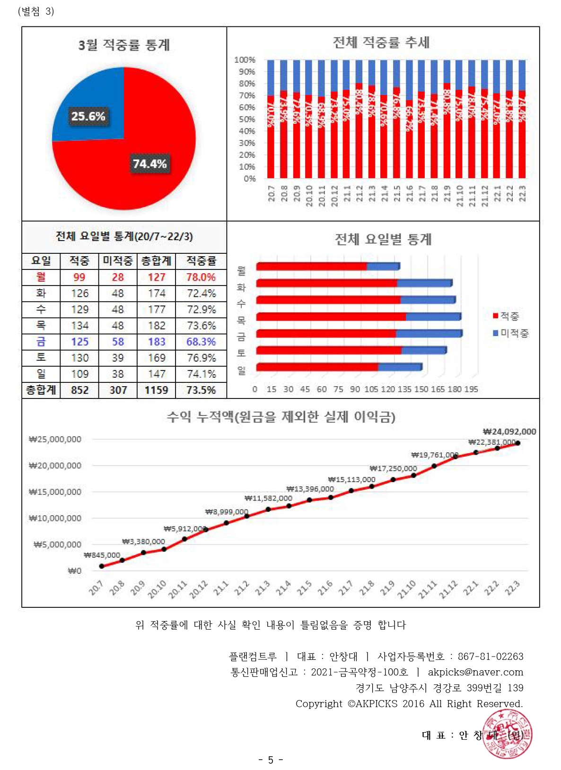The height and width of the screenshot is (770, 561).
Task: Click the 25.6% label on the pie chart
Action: click(x=88, y=116)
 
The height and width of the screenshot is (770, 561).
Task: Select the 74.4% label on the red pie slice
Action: click(x=149, y=164)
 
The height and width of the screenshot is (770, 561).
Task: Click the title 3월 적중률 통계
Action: click(x=124, y=45)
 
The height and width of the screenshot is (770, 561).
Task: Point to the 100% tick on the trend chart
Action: click(x=245, y=60)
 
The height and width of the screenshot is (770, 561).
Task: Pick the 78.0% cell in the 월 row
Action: click(x=201, y=277)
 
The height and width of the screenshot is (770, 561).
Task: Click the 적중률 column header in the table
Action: click(x=201, y=260)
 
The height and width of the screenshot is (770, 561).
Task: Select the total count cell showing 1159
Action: click(x=156, y=390)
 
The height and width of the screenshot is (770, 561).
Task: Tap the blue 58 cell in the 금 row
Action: click(x=118, y=342)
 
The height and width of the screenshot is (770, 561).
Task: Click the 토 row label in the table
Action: click(x=41, y=358)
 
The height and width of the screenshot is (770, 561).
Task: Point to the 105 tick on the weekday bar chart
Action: click(x=371, y=389)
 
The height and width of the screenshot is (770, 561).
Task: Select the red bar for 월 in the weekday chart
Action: click(x=311, y=267)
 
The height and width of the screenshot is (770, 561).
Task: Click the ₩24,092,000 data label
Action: click(x=509, y=432)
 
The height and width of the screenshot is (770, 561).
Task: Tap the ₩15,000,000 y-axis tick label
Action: click(x=55, y=492)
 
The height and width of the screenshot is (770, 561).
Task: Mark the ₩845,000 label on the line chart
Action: click(x=102, y=555)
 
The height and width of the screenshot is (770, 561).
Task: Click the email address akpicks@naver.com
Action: click(x=475, y=672)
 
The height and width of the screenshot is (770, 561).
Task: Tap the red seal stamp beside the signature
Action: click(x=507, y=735)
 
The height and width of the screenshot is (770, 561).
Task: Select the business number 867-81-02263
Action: click(x=491, y=657)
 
